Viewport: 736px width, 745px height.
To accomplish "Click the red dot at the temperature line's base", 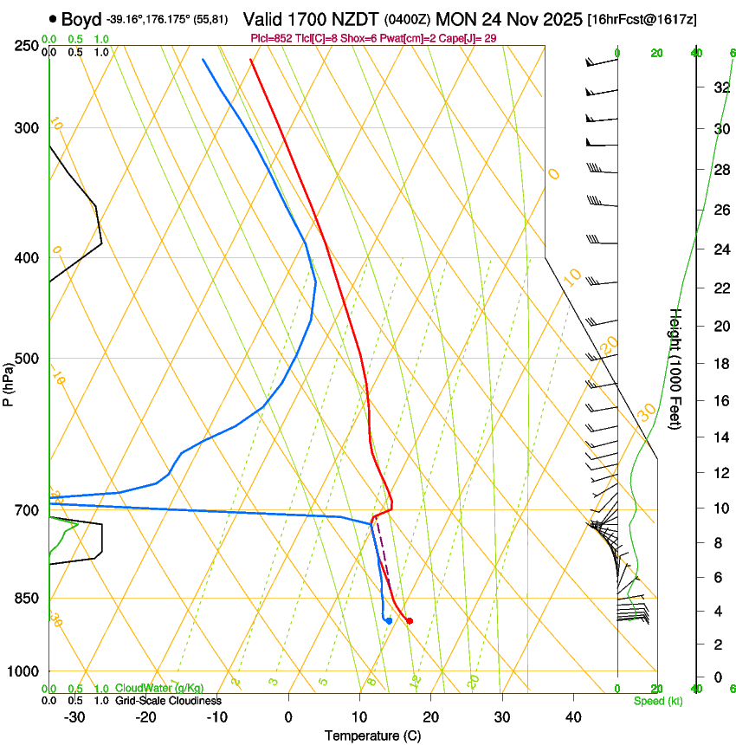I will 410,620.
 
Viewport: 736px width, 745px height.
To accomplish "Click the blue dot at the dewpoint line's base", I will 390,620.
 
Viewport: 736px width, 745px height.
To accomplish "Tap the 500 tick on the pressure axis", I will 29,359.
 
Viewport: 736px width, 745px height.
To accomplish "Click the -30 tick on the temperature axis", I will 74,716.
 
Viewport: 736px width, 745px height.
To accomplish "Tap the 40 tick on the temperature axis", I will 572,716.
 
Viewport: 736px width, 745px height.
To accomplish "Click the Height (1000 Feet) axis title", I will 676,369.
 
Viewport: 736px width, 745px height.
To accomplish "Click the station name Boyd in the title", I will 81,19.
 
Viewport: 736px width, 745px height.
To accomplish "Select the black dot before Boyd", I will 54,19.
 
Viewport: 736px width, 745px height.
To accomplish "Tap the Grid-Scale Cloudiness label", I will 168,700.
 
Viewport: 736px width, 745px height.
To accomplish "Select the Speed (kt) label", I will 657,700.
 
